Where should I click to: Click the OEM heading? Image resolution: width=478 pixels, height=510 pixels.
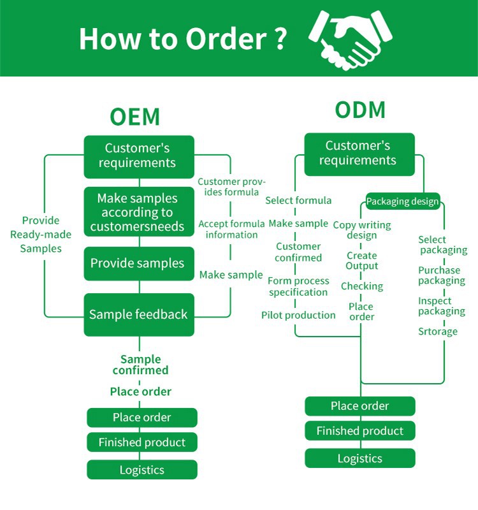[x=134, y=117]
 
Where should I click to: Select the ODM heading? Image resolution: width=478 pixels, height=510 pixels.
[x=360, y=110]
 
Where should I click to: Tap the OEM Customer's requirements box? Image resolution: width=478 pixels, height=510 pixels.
[x=139, y=156]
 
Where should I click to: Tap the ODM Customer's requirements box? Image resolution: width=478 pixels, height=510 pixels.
[x=359, y=154]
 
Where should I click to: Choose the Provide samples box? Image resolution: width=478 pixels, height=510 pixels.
[x=139, y=263]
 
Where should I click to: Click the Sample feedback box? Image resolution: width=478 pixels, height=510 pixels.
[x=139, y=314]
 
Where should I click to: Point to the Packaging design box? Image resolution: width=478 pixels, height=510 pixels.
[x=402, y=202]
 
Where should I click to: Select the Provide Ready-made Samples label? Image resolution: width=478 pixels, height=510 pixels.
[x=41, y=235]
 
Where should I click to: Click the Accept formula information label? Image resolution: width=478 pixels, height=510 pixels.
[x=231, y=229]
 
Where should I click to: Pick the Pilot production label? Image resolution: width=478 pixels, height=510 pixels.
[x=298, y=315]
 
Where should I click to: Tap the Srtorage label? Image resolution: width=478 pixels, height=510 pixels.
[x=438, y=331]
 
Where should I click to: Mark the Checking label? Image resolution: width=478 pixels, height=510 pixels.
[x=362, y=286]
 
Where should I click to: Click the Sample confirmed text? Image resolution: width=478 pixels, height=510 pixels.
[x=141, y=365]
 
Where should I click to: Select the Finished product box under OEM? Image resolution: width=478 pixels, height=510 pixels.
[x=142, y=442]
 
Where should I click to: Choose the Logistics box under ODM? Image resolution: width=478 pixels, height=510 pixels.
[x=360, y=458]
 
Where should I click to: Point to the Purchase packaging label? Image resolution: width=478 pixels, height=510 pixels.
[x=442, y=275]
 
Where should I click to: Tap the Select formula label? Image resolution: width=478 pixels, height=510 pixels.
[x=298, y=200]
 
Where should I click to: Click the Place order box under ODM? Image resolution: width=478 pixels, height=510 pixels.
[x=360, y=406]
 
